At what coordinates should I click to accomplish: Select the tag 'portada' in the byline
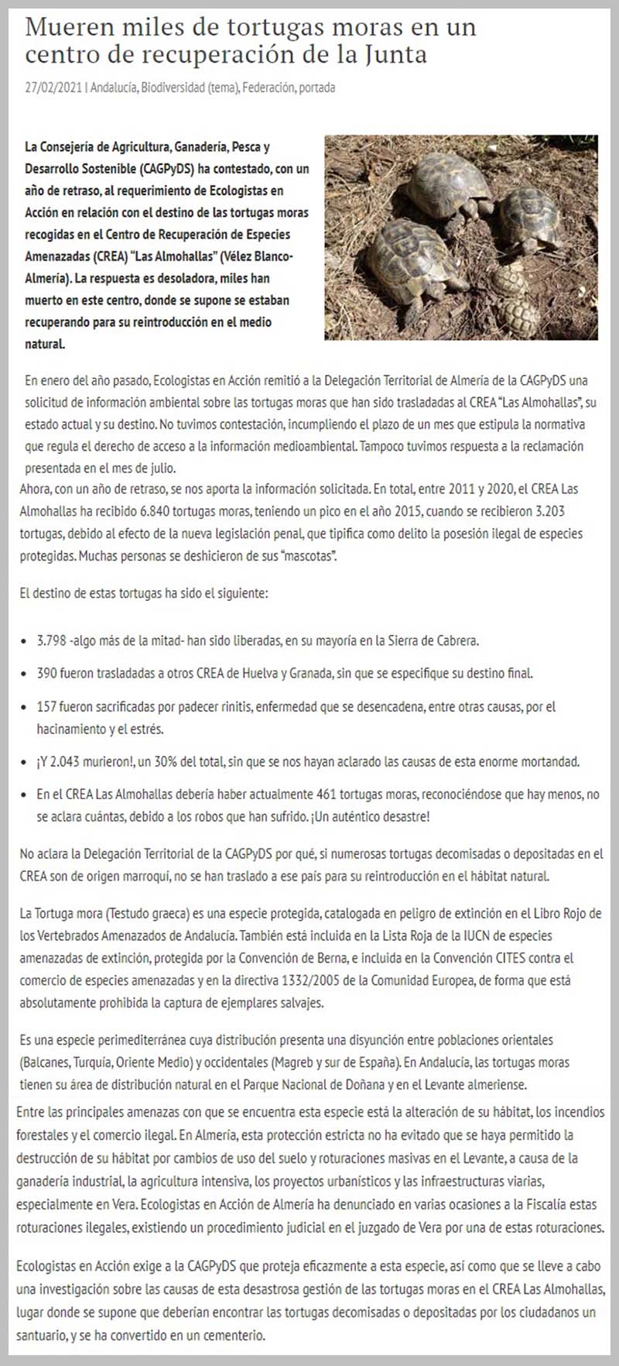click(316, 88)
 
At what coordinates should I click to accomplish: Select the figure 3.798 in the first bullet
click(51, 641)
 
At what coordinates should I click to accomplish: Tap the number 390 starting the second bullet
click(46, 673)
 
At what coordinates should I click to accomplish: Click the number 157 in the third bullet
click(46, 707)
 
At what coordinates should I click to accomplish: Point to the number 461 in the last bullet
click(327, 795)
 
